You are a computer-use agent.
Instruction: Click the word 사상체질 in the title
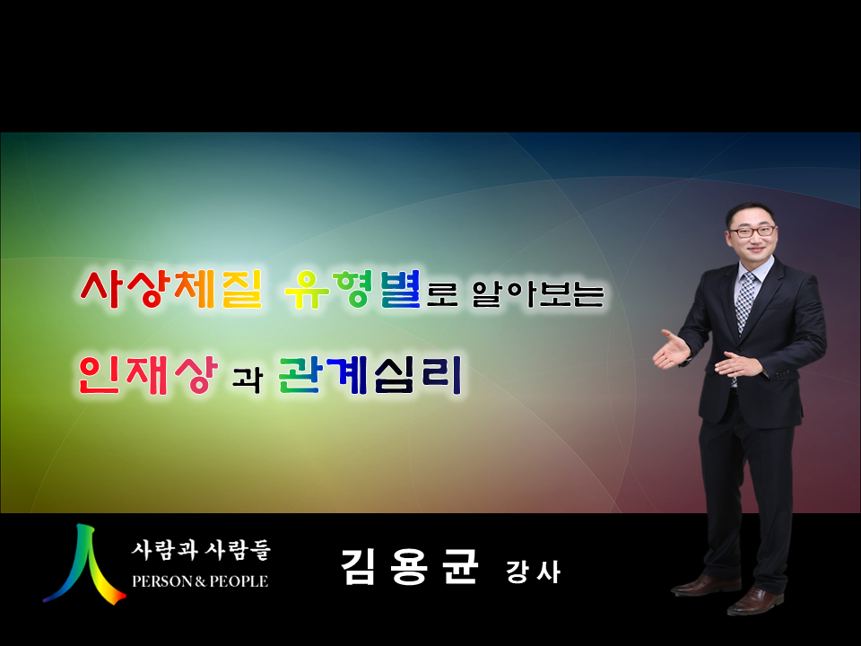170,289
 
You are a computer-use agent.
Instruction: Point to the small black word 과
248,379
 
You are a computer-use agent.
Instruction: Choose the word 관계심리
370,375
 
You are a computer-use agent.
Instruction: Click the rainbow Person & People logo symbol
85,564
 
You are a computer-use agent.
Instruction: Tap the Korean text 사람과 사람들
201,550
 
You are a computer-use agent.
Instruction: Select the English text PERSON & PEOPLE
200,581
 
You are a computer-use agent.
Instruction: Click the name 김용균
410,566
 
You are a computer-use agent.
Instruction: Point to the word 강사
533,572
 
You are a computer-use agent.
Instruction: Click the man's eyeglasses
752,231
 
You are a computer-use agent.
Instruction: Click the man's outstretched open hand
671,351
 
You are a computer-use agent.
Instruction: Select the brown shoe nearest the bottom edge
755,601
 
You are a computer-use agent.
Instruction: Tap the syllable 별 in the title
401,289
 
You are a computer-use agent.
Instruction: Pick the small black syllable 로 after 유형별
442,294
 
